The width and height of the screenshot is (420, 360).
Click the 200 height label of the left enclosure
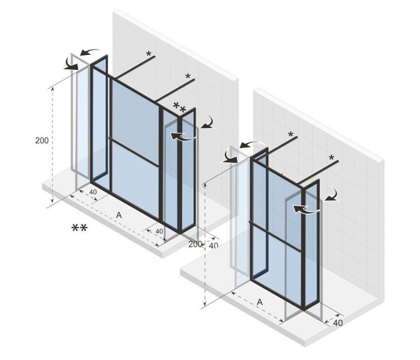[x=42, y=141]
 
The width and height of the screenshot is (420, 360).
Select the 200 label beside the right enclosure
[x=195, y=245]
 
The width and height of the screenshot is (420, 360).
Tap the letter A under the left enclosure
[x=119, y=215]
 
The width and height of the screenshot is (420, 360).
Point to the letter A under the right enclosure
[x=260, y=302]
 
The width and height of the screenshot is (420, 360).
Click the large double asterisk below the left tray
[x=79, y=229]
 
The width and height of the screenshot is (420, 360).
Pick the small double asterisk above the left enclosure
[x=179, y=107]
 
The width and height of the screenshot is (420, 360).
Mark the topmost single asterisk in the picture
[x=149, y=54]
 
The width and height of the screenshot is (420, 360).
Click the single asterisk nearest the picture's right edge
[x=331, y=158]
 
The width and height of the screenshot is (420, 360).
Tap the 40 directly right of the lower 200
[x=214, y=245]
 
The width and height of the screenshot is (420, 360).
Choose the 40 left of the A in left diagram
[x=93, y=192]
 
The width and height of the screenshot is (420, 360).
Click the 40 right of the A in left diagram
[x=159, y=232]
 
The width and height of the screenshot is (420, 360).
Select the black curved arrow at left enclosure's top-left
[x=70, y=63]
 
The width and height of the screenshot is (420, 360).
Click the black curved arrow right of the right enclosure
[x=331, y=194]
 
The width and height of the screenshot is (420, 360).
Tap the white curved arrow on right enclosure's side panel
[x=307, y=208]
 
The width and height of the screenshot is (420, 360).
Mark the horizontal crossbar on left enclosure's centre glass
[x=135, y=151]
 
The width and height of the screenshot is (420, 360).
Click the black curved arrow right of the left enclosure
[x=208, y=121]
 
